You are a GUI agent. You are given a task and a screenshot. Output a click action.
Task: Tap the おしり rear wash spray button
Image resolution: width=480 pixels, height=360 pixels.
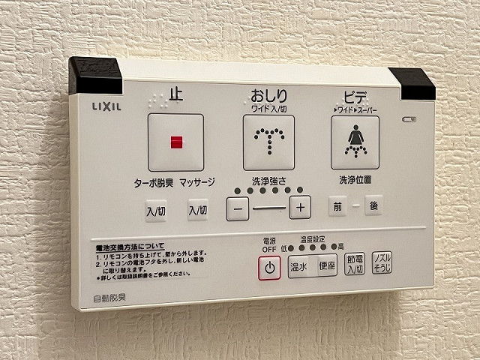pyautogui.click(x=269, y=142)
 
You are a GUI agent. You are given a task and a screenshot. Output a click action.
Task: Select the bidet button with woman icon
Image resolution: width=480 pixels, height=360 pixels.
pyautogui.click(x=355, y=142)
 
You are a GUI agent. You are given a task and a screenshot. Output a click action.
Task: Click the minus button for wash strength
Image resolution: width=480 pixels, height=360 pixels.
pyautogui.click(x=237, y=208)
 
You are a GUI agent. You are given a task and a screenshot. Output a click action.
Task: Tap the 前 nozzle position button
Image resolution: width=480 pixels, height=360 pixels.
pyautogui.click(x=337, y=205)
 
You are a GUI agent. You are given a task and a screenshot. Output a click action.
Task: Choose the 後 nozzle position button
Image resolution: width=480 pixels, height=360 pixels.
pyautogui.click(x=373, y=205)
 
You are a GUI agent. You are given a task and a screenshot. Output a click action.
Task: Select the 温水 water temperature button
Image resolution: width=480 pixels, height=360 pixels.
pyautogui.click(x=301, y=267)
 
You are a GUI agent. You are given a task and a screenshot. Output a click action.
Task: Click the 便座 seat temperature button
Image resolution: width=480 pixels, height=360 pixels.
pyautogui.click(x=327, y=266)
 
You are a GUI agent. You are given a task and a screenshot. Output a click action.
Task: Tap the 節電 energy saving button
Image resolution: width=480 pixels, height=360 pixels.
pyautogui.click(x=354, y=264)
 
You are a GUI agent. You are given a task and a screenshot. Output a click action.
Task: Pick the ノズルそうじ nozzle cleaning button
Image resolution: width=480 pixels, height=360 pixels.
pyautogui.click(x=382, y=262)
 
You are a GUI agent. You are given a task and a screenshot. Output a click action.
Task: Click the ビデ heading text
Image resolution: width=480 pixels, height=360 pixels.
pyautogui.click(x=355, y=97)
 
